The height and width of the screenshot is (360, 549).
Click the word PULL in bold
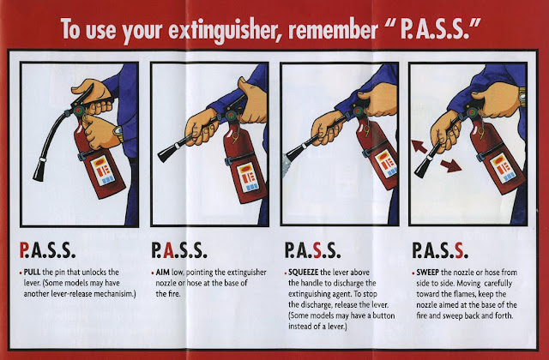[32, 273]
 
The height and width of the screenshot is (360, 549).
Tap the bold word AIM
[163, 273]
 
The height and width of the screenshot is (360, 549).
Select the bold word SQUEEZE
[303, 273]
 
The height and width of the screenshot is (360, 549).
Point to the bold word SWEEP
[427, 273]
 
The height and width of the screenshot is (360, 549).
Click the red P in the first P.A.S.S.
[24, 249]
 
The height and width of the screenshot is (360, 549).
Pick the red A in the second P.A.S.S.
[168, 249]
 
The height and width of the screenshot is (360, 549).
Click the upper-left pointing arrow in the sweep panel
[419, 147]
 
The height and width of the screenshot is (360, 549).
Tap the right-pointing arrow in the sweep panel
[451, 165]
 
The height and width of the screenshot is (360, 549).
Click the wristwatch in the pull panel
[118, 134]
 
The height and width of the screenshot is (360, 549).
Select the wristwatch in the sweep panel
[522, 97]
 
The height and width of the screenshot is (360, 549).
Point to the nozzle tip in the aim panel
[166, 153]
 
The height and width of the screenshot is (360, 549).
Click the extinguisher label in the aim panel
[248, 177]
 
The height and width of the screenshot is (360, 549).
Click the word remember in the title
[332, 30]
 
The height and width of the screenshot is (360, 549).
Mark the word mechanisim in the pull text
[112, 294]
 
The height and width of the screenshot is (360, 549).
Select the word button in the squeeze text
[383, 315]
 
